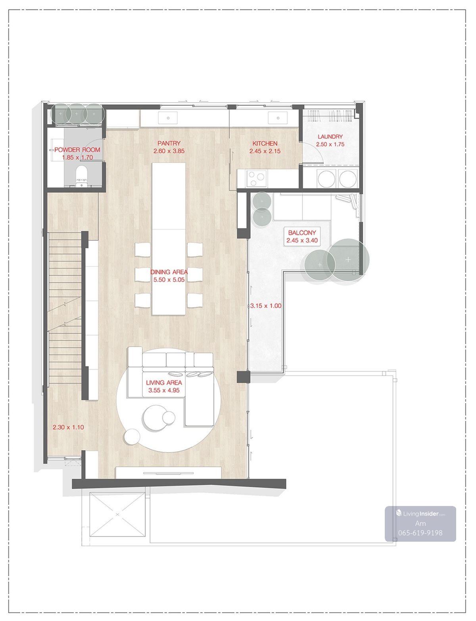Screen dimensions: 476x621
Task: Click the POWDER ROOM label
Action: coord(77,150)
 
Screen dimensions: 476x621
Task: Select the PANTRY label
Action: coord(169,143)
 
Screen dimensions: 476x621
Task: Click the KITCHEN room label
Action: coord(265,144)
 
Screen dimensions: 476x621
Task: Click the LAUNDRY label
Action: coord(330,136)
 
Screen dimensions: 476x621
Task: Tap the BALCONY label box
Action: coord(302,236)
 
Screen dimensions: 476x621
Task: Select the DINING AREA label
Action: coord(169,272)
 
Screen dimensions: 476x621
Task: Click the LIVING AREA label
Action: coord(164,383)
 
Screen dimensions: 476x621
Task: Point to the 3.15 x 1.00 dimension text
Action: coord(266,306)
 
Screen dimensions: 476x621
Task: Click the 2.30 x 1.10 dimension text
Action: coord(68,427)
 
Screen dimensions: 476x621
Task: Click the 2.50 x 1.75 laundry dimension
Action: coord(330,144)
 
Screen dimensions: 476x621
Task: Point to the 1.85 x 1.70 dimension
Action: coord(77,157)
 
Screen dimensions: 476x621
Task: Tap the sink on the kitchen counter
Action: coord(278,117)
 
